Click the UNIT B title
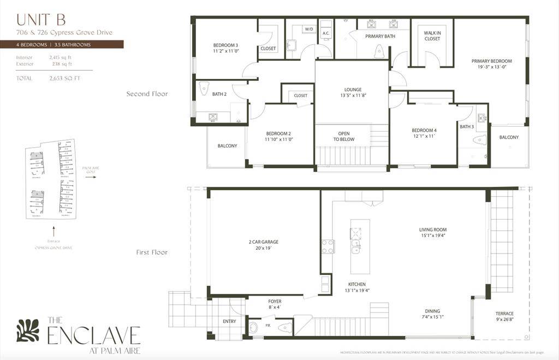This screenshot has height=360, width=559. (41, 20)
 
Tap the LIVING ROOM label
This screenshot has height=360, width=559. (433, 229)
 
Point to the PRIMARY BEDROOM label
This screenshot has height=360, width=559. (491, 61)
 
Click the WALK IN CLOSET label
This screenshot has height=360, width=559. (432, 36)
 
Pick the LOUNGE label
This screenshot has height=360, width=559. (353, 90)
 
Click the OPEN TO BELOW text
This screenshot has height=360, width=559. (344, 136)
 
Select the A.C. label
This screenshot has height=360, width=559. (326, 33)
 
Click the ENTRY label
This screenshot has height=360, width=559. (229, 321)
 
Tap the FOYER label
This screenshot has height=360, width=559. (275, 301)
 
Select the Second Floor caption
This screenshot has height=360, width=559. (147, 94)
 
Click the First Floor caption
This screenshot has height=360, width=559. (152, 252)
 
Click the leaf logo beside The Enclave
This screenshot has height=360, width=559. (28, 331)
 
